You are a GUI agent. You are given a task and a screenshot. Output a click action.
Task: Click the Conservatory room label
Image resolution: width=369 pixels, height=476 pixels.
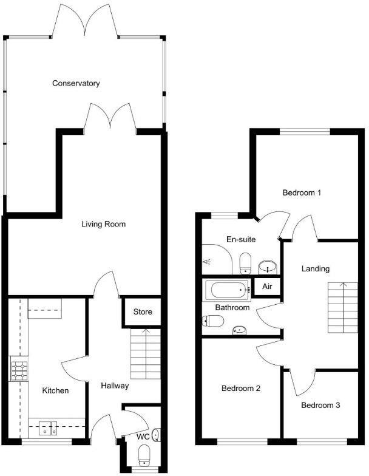[76, 83]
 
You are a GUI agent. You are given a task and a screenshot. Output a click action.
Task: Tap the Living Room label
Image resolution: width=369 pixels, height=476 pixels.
[104, 224]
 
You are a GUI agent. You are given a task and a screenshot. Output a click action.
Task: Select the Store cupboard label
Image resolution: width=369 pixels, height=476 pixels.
[143, 312]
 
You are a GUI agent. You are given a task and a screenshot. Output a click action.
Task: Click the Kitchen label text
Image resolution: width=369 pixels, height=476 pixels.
[55, 390]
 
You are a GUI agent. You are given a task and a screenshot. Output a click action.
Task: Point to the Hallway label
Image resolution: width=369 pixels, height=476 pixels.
[115, 386]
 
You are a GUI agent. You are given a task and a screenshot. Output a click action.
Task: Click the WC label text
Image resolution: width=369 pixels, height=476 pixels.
[143, 437]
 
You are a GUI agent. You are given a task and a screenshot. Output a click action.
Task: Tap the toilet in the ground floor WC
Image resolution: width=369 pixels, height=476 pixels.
[144, 455]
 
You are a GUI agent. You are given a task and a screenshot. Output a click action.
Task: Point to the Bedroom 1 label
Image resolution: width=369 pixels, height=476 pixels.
[302, 193]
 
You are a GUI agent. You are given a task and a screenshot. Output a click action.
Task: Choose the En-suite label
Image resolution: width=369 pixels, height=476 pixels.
[241, 239]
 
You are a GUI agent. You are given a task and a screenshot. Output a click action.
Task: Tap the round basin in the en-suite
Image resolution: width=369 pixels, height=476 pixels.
[267, 267]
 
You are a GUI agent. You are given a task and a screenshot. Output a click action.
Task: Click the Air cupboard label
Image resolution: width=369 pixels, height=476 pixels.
[267, 287]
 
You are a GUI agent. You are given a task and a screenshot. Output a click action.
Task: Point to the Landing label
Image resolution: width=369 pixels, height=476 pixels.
[316, 268]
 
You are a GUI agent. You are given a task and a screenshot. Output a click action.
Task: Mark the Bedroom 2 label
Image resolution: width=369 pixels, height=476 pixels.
[241, 388]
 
